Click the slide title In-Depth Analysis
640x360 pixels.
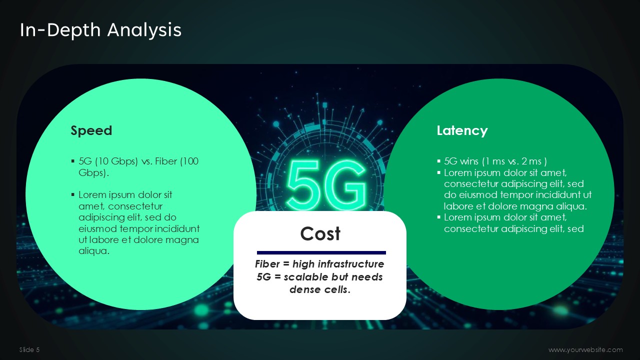[100, 30]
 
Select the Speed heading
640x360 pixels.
[91, 131]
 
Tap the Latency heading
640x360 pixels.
[462, 131]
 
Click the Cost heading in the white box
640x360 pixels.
[320, 233]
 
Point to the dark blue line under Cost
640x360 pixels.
[321, 252]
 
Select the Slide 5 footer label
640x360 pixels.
[29, 350]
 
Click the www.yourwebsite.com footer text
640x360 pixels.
[585, 350]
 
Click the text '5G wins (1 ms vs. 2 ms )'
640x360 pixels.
[495, 161]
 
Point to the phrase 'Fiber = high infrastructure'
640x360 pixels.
[319, 264]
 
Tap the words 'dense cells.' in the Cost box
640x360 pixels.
[320, 289]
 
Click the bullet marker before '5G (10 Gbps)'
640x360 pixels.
[73, 161]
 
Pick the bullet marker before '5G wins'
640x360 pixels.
[439, 161]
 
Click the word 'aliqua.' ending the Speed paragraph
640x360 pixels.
[94, 251]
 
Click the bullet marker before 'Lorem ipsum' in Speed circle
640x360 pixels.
[73, 194]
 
